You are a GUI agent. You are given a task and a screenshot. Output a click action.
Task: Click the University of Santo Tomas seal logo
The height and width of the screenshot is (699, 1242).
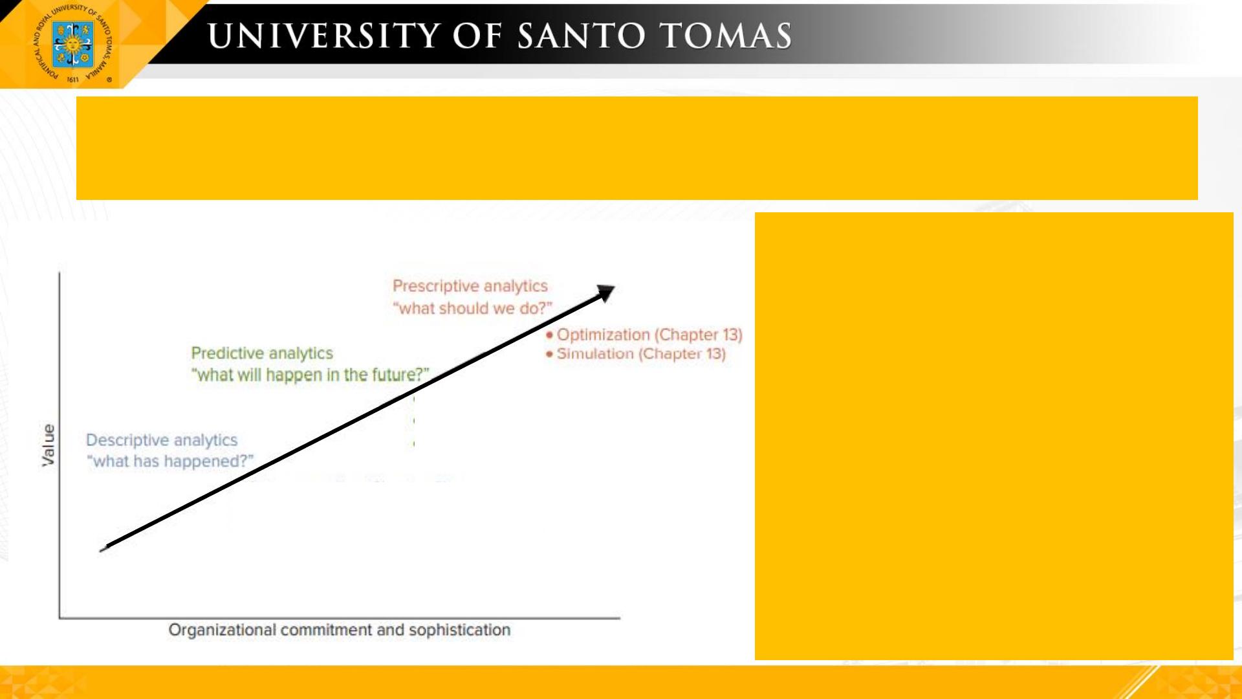[72, 44]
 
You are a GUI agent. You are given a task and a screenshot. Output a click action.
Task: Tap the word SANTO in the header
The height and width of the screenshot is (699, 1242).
[582, 36]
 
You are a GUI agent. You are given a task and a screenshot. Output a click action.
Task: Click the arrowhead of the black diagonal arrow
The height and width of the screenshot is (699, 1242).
[606, 293]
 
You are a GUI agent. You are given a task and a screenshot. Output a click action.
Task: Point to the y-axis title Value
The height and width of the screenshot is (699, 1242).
[49, 445]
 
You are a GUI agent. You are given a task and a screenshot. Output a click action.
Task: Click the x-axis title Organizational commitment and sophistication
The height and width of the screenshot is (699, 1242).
[340, 630]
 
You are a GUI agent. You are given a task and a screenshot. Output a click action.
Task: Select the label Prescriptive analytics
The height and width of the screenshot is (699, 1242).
[470, 286]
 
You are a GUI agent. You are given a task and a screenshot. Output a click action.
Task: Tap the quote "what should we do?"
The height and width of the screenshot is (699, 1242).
[473, 308]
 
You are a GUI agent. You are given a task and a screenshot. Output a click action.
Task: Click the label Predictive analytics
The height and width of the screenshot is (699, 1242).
[262, 353]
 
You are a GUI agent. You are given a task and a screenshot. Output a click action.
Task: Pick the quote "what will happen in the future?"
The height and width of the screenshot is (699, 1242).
[310, 375]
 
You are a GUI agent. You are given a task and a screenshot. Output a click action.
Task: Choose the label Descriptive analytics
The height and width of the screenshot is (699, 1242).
[162, 440]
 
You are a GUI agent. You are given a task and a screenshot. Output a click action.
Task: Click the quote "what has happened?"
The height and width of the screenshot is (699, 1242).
[170, 461]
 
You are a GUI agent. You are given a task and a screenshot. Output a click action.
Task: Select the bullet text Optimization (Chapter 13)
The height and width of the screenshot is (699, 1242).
[649, 335]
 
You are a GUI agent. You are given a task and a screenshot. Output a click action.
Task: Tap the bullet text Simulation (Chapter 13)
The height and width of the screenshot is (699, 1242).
[641, 354]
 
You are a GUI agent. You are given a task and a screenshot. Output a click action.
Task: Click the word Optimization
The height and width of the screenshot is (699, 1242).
[604, 335]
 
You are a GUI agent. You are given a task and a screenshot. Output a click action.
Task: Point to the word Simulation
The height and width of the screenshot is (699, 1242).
[595, 354]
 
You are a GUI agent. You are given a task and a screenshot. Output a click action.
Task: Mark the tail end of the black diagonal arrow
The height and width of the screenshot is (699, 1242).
[102, 550]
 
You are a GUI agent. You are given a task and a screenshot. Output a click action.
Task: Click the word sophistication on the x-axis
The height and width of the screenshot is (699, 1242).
[460, 630]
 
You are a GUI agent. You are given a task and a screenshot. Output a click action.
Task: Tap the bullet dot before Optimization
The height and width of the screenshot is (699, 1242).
[550, 335]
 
